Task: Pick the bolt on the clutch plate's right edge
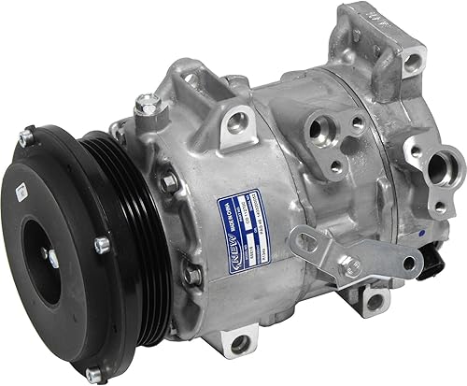click(101, 246)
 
